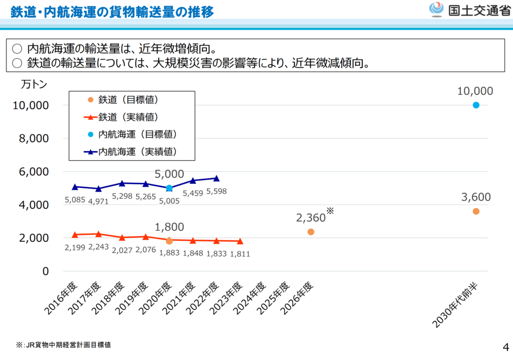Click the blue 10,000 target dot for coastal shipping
tap(476, 105)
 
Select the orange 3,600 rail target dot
tap(476, 211)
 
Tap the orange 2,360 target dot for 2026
tap(311, 232)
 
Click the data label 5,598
tap(216, 191)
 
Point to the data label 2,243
tap(99, 247)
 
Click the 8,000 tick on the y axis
tap(34, 138)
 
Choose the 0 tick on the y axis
tap(45, 271)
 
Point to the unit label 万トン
tap(34, 85)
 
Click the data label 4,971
tap(99, 201)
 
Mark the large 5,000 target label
tap(169, 174)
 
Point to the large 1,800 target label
tap(169, 227)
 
